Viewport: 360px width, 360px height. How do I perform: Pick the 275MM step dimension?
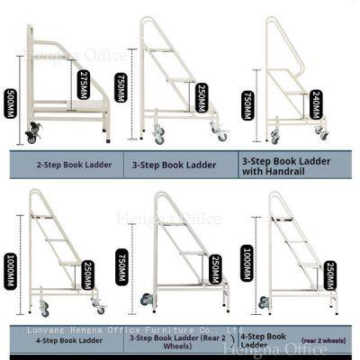tap(83, 87)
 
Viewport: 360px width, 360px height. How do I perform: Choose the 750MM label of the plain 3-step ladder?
tap(121, 88)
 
